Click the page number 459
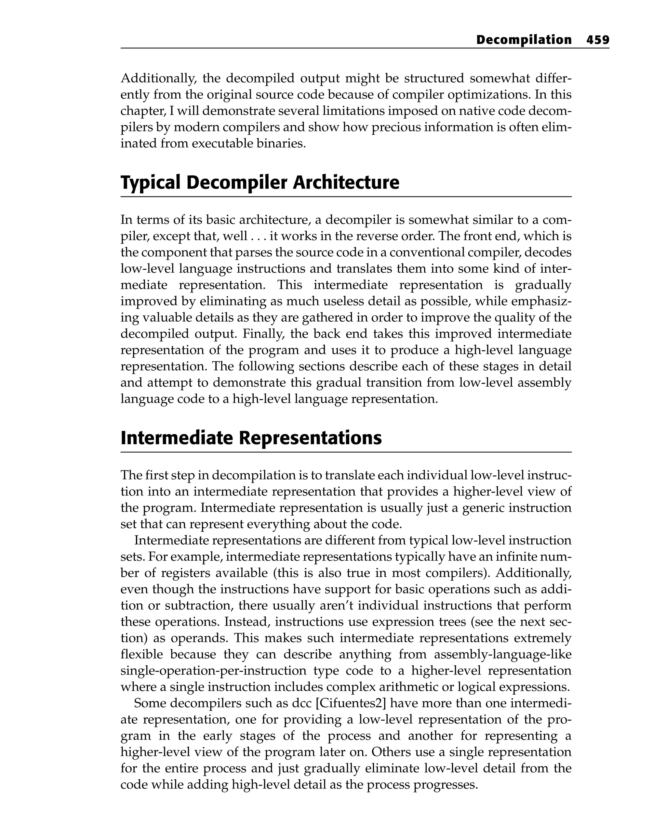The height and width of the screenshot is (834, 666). click(x=597, y=40)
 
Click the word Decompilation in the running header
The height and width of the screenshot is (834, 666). click(x=524, y=40)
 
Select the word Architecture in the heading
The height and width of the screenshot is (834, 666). click(x=346, y=183)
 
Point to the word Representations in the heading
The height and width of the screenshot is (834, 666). click(x=310, y=438)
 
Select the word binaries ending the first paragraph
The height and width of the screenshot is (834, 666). click(x=281, y=144)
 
